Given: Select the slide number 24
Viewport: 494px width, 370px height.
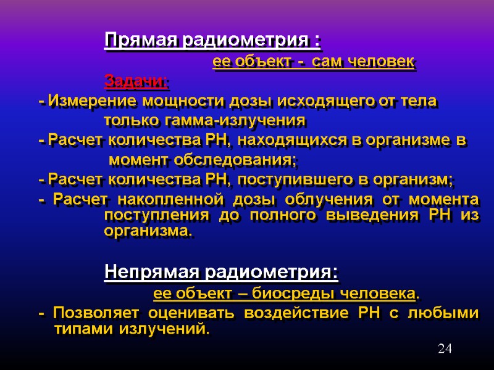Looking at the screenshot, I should (x=445, y=349).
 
